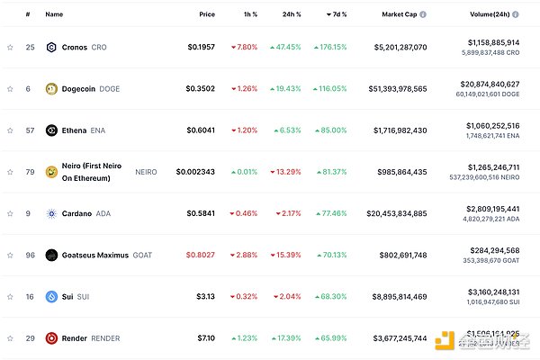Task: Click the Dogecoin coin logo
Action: pos(51,88)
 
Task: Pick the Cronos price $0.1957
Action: pos(201,47)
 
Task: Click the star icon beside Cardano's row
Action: pos(10,213)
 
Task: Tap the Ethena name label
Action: pos(74,130)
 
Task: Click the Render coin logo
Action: pos(51,338)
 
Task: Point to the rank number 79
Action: pos(29,172)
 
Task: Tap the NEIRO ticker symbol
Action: pos(146,172)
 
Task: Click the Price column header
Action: pos(207,14)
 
